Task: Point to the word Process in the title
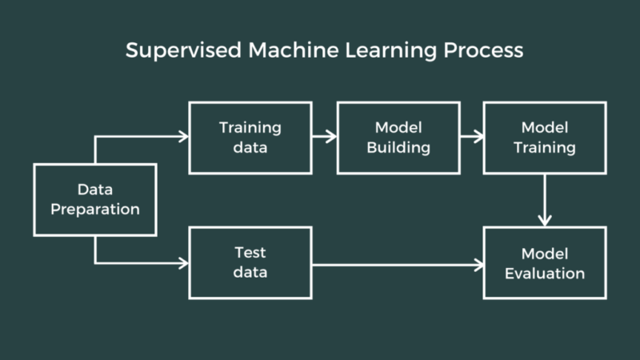(486, 50)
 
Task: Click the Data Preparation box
(94, 200)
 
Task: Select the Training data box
(250, 138)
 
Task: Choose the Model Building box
(398, 138)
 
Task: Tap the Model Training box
(544, 138)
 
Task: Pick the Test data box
(250, 262)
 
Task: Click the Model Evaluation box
(544, 262)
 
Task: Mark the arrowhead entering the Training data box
(183, 137)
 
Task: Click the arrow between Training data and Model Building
(324, 137)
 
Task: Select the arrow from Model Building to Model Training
(472, 137)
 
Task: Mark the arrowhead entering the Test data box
(183, 263)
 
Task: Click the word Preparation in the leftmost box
(94, 210)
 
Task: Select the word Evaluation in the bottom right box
(544, 273)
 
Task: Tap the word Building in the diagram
(398, 147)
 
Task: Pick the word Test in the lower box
(250, 253)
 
